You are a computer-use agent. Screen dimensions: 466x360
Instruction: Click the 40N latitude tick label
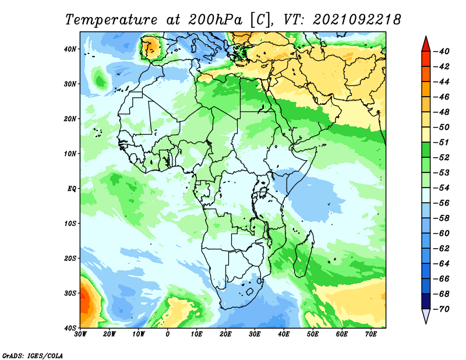tap(70, 49)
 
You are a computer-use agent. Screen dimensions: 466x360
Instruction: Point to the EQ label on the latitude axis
tap(72, 189)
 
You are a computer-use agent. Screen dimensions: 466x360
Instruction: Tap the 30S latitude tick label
tap(70, 293)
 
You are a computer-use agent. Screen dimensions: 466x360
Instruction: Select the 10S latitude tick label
tap(70, 223)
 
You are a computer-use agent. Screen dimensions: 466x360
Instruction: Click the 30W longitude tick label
tap(80, 334)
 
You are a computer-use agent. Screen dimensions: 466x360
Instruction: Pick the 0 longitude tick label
tap(168, 334)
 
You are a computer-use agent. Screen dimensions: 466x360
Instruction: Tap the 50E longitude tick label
tap(313, 334)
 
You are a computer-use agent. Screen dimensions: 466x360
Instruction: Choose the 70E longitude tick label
tap(371, 334)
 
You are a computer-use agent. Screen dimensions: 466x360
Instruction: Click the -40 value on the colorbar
tap(442, 51)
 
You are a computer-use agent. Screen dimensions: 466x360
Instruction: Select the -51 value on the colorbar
tap(442, 142)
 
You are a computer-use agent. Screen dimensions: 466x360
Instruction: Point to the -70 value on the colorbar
tap(442, 309)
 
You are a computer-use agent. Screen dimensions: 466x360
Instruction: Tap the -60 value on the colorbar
tap(442, 234)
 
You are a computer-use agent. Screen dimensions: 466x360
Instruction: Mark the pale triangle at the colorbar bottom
tap(426, 315)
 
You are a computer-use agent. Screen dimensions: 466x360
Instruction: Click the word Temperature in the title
tap(111, 20)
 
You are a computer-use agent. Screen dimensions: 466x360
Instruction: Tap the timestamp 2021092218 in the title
tap(356, 20)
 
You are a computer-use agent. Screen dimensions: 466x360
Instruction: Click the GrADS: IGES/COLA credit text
tap(33, 355)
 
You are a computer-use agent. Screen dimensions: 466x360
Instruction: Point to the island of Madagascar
tap(303, 254)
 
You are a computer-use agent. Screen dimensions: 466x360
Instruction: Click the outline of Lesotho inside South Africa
tap(250, 291)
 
